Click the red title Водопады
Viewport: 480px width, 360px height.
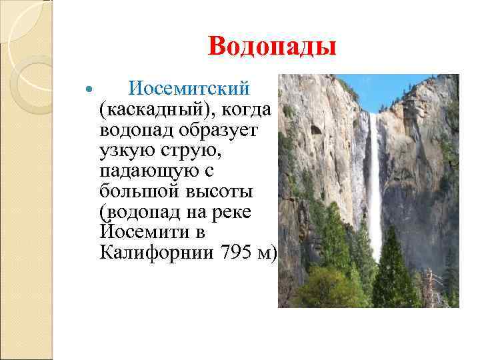coord(272,47)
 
